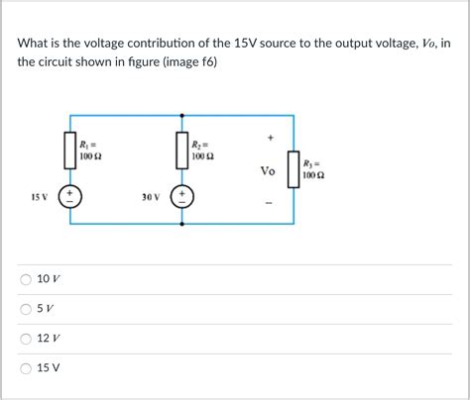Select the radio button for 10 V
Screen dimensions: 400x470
(x=25, y=280)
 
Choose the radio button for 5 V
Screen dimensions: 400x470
(x=25, y=309)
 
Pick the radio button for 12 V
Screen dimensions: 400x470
(x=25, y=338)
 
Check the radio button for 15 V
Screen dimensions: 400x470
(x=25, y=366)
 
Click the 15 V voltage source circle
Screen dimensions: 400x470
(x=70, y=196)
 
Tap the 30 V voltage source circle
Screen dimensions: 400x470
(x=182, y=196)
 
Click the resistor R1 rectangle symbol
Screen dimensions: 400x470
(x=70, y=149)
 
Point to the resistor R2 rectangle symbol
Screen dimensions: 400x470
(x=182, y=149)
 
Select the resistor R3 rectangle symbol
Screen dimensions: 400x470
(x=294, y=169)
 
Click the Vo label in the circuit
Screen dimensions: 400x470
(x=268, y=171)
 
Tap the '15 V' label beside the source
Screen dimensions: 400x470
(x=40, y=197)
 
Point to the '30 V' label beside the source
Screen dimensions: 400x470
(x=151, y=197)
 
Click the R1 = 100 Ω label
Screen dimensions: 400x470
(x=90, y=150)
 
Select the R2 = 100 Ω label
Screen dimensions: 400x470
(x=202, y=150)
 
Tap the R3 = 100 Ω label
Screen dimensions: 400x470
(x=313, y=170)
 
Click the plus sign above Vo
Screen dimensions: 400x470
(x=269, y=138)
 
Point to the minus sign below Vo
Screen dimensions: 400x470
(x=269, y=205)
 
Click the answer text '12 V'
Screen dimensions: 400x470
(x=49, y=338)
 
